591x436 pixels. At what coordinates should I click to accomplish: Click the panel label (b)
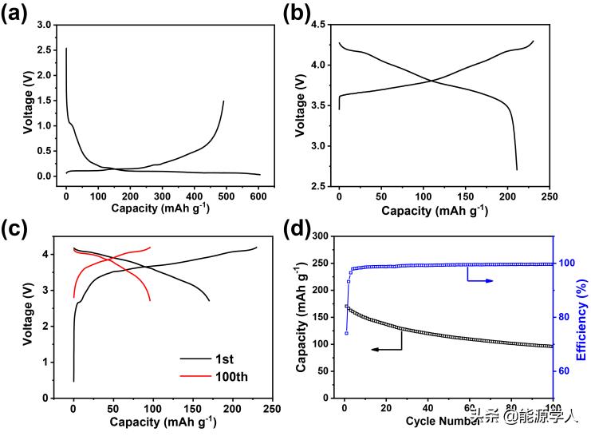[x=306, y=13]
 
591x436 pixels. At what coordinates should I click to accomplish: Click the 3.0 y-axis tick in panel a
[x=45, y=26]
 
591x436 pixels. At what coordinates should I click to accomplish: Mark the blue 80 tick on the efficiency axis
[x=565, y=317]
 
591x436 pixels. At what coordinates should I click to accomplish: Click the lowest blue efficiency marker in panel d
[x=346, y=333]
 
